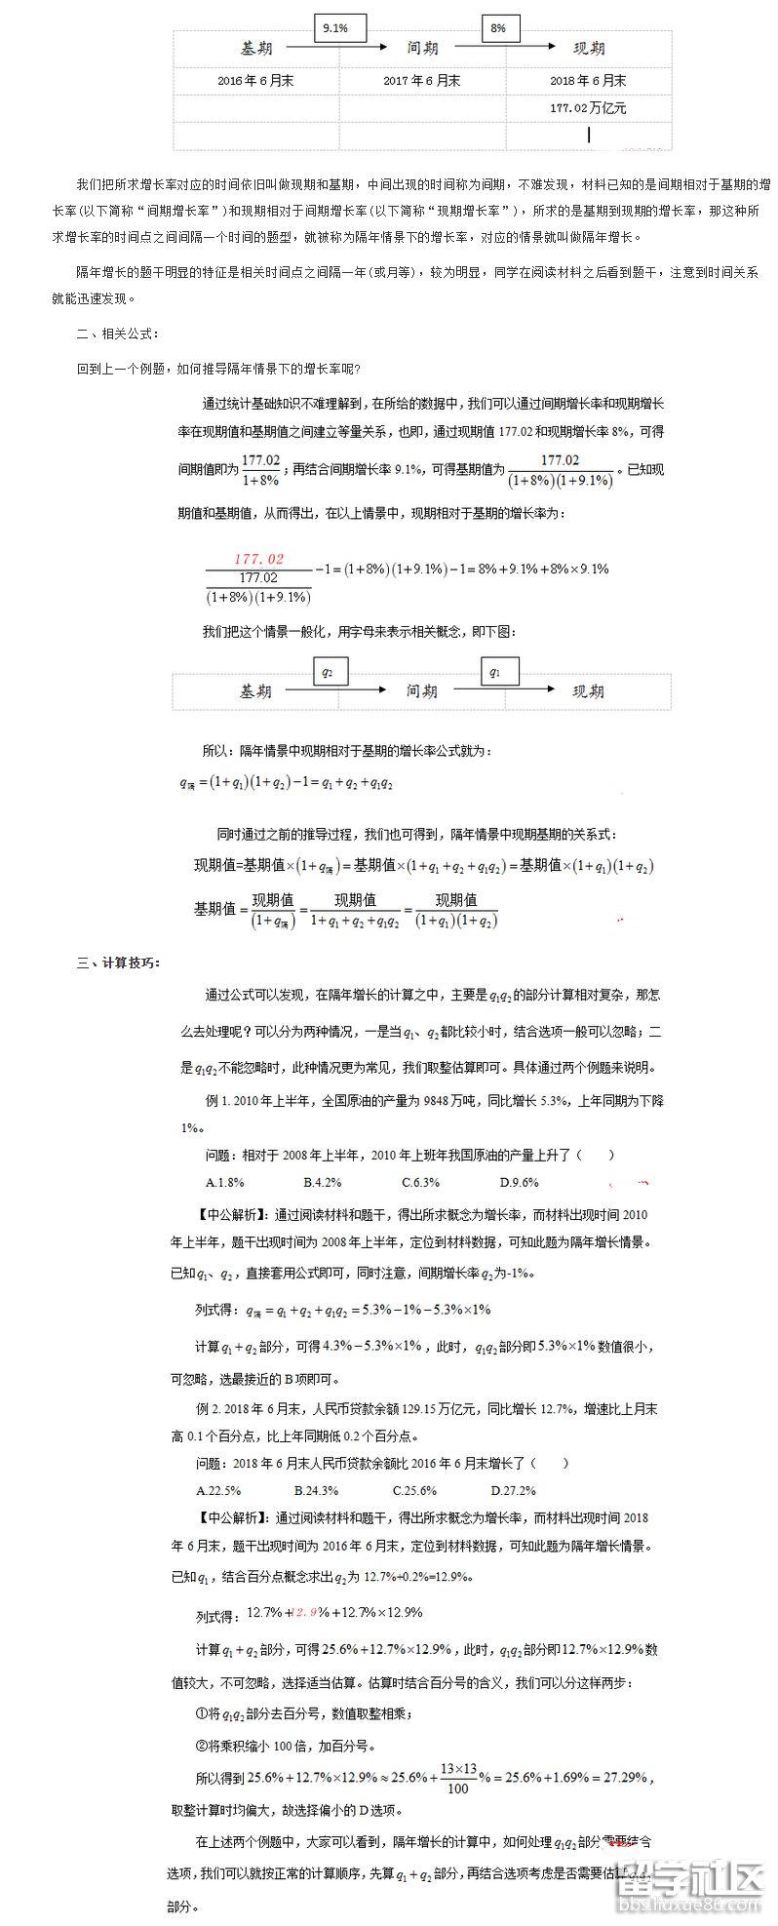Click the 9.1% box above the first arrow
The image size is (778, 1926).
click(334, 29)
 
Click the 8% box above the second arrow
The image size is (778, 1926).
click(498, 29)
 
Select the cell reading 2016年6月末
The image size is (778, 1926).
click(255, 81)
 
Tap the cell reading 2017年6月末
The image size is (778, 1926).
click(422, 81)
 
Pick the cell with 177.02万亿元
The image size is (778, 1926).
click(588, 108)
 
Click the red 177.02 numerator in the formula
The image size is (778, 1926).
click(258, 559)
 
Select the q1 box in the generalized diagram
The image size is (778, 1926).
click(496, 672)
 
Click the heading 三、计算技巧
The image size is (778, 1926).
click(119, 963)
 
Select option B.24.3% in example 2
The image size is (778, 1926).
click(316, 1491)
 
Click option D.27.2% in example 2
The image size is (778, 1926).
click(513, 1491)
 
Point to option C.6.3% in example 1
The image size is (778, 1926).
click(420, 1183)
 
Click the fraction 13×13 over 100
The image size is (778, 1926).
click(457, 1778)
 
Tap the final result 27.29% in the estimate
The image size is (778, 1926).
click(627, 1777)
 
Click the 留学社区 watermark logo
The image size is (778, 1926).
click(687, 1876)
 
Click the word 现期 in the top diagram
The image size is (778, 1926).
click(588, 48)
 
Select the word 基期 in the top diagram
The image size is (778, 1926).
click(256, 48)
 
